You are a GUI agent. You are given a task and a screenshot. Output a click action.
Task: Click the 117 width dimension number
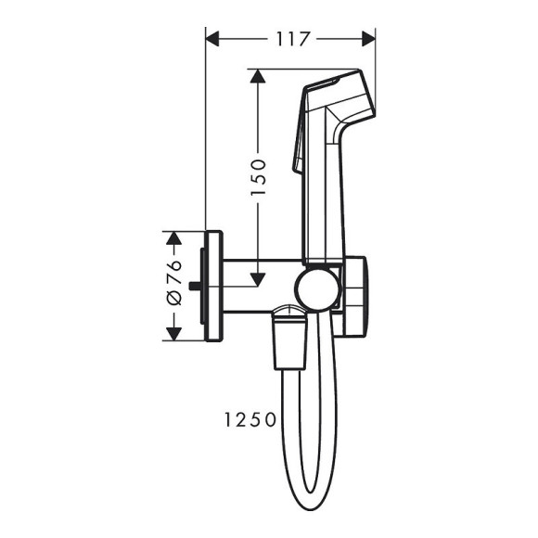tap(290, 38)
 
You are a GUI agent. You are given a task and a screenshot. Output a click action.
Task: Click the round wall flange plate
tap(214, 286)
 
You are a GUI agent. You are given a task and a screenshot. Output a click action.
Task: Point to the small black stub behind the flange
tap(196, 286)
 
